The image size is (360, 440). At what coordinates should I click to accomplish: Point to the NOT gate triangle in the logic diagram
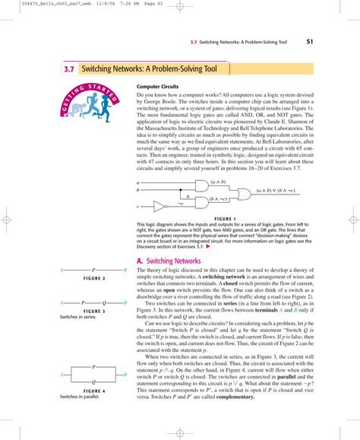[159, 205]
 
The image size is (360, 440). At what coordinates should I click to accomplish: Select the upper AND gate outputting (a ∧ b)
[201, 185]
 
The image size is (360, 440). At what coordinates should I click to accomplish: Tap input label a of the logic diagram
[138, 182]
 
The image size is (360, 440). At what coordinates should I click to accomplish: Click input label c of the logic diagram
[138, 206]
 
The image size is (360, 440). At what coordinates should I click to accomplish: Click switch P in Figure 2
[93, 270]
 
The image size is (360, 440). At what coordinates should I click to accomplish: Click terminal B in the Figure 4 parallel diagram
[124, 375]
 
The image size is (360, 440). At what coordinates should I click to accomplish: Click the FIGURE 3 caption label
[93, 311]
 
